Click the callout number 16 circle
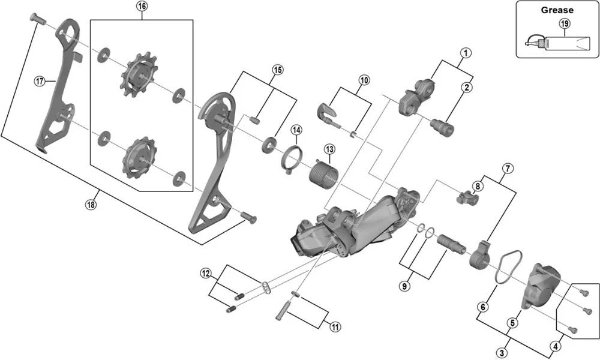(142, 7)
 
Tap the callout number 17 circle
(40, 82)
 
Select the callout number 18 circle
(90, 205)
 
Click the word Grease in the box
(557, 10)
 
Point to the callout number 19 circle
(565, 23)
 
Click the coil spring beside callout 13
(323, 170)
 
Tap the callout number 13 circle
(329, 149)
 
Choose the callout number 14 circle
(296, 130)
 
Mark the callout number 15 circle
(277, 69)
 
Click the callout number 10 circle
(364, 80)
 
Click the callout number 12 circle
(206, 274)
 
